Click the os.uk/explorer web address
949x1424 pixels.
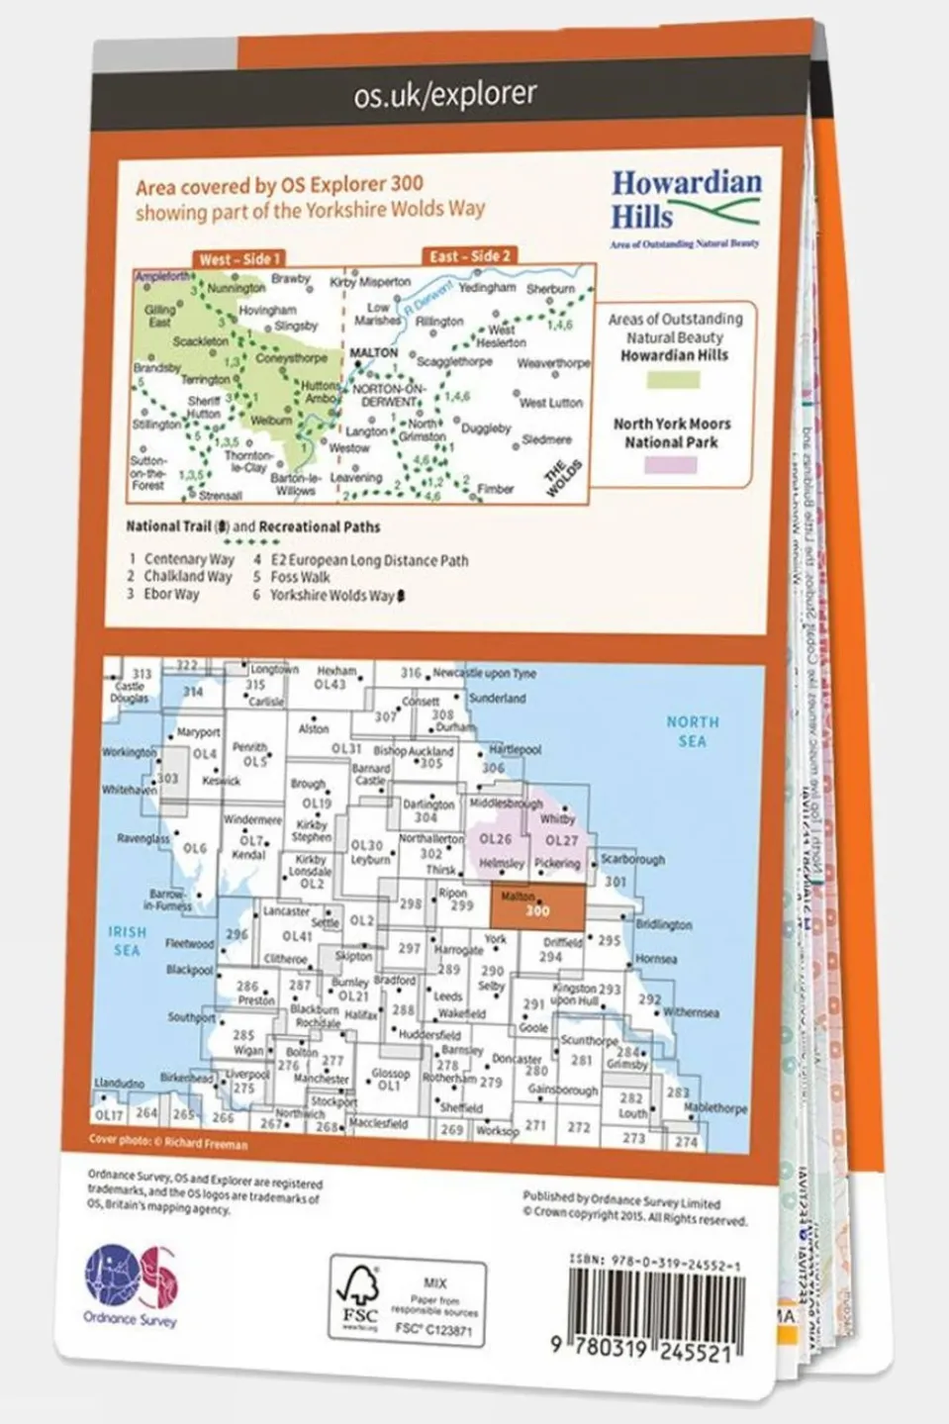[444, 95]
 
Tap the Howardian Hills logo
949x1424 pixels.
[685, 207]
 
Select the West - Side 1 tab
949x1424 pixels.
[239, 258]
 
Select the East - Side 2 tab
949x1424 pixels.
[469, 255]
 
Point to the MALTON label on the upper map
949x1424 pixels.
[374, 353]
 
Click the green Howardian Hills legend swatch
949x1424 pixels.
[672, 379]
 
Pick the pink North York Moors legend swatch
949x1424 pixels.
[671, 464]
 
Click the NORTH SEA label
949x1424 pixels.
[692, 731]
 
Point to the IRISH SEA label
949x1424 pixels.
[127, 940]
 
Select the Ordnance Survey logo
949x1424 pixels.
[131, 1283]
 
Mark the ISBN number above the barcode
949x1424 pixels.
[655, 1264]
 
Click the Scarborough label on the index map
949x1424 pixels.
[632, 859]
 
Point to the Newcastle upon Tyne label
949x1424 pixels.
[484, 673]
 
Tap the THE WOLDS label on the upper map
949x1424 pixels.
[561, 478]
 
